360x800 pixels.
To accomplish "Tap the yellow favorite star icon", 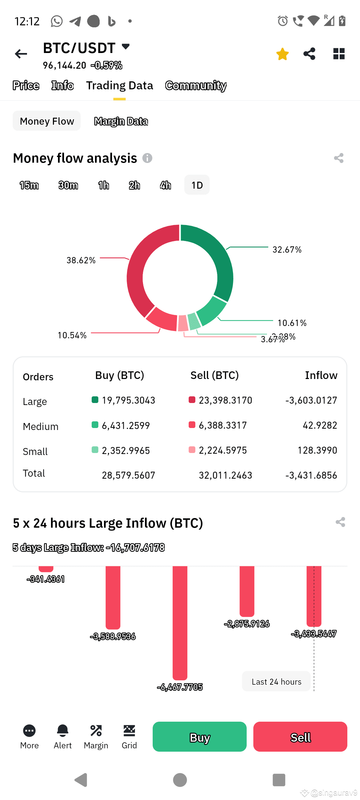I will click(282, 54).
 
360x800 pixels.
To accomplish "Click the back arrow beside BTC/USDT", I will click(21, 54).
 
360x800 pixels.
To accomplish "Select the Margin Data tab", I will click(121, 121).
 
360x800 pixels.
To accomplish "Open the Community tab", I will click(196, 86).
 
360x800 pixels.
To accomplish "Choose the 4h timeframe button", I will click(165, 185).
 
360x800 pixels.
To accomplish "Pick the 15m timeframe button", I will click(29, 185).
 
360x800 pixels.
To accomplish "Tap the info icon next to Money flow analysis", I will click(147, 158).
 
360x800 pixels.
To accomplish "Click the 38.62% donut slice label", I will click(81, 260).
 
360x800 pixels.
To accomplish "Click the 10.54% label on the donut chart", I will click(72, 335).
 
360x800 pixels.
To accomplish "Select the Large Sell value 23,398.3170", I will click(225, 400).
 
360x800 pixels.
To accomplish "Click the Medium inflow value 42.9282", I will click(320, 425).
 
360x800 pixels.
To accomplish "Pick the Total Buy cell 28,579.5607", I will click(128, 475).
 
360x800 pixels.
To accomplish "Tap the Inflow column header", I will click(321, 375).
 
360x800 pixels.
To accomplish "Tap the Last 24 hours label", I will click(276, 682).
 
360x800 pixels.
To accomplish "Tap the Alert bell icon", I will click(63, 731).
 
